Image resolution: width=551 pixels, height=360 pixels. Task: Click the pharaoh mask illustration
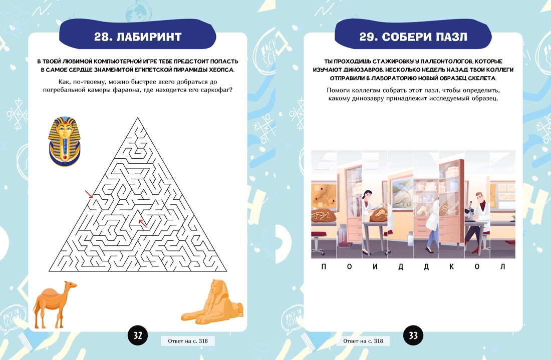64,142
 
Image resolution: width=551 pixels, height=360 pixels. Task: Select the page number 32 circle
138,335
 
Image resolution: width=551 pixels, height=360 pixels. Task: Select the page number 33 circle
413,335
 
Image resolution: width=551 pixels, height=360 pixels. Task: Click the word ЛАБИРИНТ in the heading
149,37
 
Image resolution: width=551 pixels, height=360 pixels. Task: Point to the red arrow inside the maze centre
142,223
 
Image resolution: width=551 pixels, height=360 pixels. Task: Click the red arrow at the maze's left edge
89,194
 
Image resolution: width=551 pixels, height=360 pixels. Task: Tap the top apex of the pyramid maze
138,118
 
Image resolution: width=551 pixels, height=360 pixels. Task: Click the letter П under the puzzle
324,266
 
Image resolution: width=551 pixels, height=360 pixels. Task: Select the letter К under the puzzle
451,266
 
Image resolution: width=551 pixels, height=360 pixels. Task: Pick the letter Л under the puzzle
502,266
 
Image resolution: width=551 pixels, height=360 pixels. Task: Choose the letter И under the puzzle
375,266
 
